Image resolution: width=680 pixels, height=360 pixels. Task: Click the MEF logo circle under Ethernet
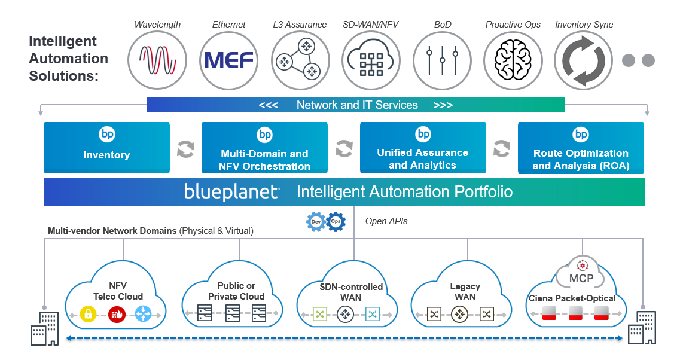[x=228, y=60]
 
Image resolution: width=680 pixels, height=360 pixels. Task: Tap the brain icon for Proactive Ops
[x=513, y=60]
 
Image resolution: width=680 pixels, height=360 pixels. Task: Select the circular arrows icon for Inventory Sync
[x=584, y=60]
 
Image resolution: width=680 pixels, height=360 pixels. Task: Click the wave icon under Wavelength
[x=157, y=60]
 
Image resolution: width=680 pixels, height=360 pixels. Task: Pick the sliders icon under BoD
[x=443, y=60]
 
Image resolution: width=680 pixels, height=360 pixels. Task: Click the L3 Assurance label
[x=300, y=25]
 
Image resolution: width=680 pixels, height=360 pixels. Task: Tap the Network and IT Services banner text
[x=357, y=105]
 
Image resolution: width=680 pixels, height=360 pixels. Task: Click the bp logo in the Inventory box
[x=106, y=134]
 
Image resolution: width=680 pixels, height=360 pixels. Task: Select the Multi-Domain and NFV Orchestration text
[x=264, y=160]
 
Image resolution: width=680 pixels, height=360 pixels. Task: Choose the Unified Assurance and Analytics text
[x=423, y=158]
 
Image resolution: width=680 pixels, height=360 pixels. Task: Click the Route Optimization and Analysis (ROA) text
[x=581, y=159]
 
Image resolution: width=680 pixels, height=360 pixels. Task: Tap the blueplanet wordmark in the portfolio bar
[x=232, y=191]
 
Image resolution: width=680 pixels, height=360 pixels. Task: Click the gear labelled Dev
[x=316, y=222]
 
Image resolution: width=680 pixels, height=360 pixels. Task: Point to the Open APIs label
[x=386, y=221]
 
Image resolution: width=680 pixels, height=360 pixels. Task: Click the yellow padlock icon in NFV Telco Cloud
[x=88, y=314]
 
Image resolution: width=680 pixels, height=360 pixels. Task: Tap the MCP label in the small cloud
[x=581, y=279]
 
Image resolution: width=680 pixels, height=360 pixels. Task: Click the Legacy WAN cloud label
[x=465, y=291]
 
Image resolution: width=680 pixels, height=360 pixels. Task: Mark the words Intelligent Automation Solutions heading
[x=69, y=59]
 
